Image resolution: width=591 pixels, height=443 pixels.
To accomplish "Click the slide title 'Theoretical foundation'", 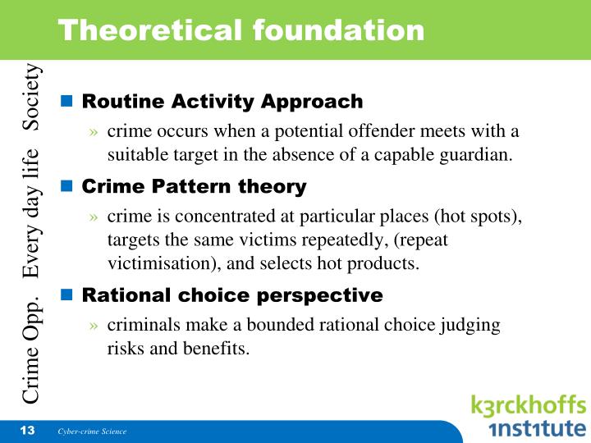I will pos(241,30).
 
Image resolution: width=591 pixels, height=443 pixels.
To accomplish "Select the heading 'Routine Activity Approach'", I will pos(222,102).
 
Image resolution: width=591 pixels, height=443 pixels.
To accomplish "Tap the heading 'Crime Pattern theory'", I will pos(194,186).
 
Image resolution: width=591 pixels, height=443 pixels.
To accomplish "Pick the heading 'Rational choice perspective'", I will pos(232,295).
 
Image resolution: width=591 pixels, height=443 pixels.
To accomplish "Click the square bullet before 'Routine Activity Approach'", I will pos(68,102).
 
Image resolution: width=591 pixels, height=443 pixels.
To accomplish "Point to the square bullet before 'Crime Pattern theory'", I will pos(68,186).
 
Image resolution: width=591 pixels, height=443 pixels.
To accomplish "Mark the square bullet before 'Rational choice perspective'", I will pos(68,295).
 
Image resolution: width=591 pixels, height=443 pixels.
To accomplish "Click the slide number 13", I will pos(26,431).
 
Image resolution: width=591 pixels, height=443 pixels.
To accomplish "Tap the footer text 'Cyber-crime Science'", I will pos(92,432).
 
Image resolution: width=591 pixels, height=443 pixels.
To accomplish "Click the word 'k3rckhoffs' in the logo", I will pos(529,406).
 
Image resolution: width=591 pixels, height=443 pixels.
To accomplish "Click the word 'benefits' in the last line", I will pos(218,348).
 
